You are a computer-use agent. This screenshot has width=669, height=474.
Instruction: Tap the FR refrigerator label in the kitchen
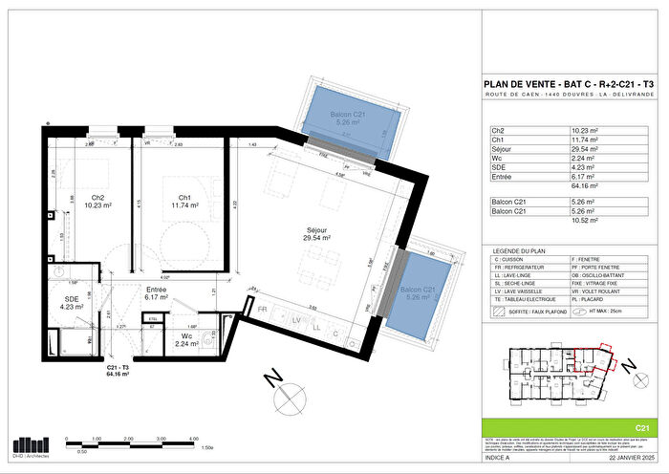[x=263, y=310]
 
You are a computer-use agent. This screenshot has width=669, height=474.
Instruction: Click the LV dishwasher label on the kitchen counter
[x=296, y=319]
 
